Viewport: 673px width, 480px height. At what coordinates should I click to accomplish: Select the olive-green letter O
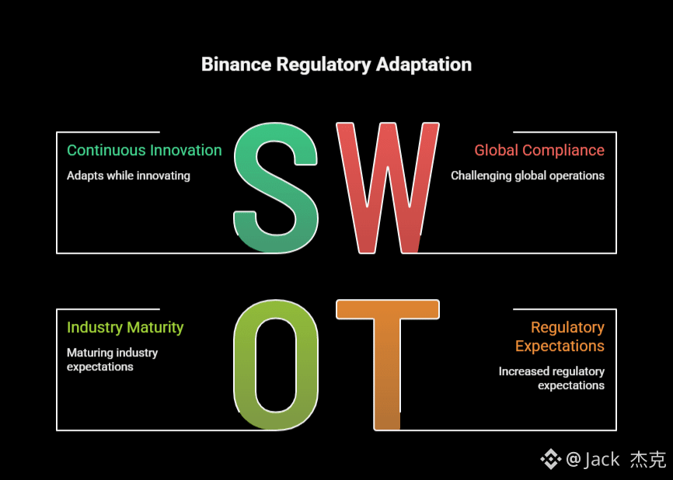(276, 365)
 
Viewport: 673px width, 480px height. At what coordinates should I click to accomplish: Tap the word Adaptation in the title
(424, 64)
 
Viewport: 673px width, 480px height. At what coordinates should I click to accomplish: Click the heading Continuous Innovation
(144, 150)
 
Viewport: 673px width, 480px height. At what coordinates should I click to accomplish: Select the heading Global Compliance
(539, 150)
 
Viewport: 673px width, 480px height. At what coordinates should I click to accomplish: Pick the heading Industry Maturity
(125, 327)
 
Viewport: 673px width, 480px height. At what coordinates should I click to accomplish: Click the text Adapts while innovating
(128, 176)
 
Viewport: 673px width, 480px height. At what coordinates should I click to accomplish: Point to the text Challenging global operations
(528, 176)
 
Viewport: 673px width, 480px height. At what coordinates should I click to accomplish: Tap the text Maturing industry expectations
(112, 360)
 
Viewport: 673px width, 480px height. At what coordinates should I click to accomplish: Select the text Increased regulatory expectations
(552, 378)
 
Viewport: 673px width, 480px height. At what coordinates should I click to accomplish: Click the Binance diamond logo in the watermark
(550, 459)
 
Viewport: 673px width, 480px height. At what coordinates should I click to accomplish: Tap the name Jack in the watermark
(602, 459)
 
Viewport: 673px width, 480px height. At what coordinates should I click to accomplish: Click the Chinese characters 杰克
(647, 459)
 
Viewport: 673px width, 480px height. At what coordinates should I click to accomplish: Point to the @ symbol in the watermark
(573, 459)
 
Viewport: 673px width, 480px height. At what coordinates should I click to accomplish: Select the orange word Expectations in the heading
(560, 346)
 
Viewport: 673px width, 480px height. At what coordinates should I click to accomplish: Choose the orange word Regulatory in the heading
(567, 327)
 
